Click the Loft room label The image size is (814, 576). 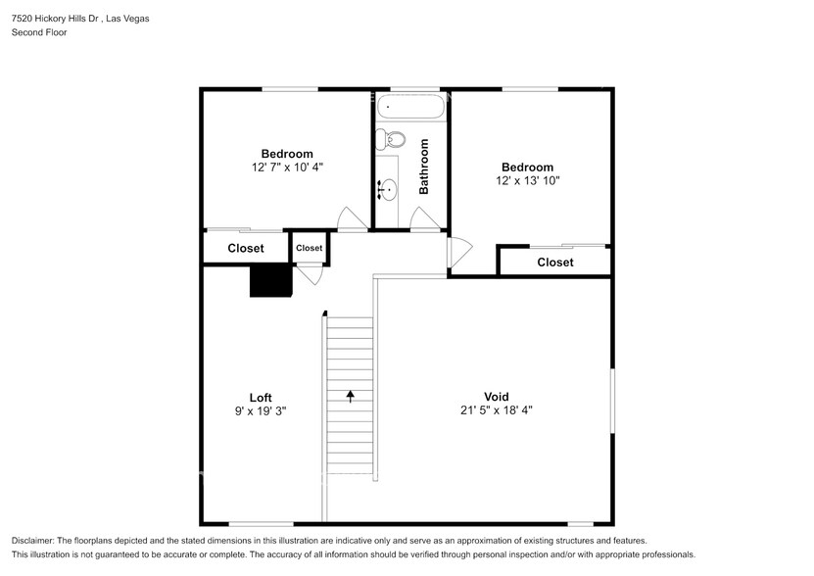pyautogui.click(x=261, y=397)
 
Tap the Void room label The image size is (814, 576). pyautogui.click(x=497, y=397)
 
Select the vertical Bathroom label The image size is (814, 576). pyautogui.click(x=425, y=167)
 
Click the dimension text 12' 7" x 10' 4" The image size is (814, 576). pyautogui.click(x=287, y=168)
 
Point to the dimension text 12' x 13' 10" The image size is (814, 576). pyautogui.click(x=528, y=181)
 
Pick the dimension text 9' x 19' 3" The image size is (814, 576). pyautogui.click(x=261, y=411)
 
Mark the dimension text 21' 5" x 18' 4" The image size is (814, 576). pyautogui.click(x=497, y=410)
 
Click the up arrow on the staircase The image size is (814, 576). pyautogui.click(x=350, y=396)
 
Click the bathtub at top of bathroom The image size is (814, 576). pyautogui.click(x=411, y=106)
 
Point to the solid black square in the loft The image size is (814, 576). pyautogui.click(x=271, y=280)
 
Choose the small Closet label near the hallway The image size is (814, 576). pyautogui.click(x=310, y=248)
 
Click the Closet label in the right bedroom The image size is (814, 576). pyautogui.click(x=555, y=263)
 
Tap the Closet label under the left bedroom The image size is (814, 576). pyautogui.click(x=246, y=249)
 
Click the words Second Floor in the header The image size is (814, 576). pyautogui.click(x=39, y=32)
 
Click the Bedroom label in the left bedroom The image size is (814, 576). pyautogui.click(x=287, y=154)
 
